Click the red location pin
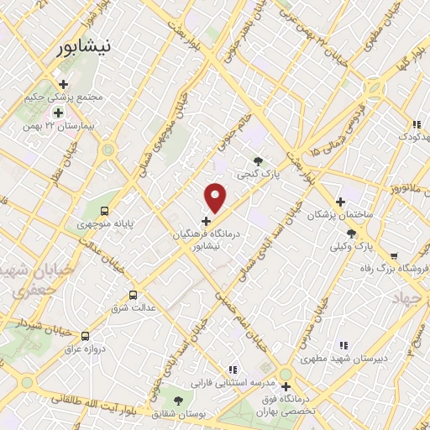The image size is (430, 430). tap(216, 197)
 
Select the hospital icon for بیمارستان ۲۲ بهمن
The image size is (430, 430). tap(58, 113)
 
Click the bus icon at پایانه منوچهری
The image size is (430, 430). tap(105, 211)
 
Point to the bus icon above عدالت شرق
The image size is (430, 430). tap(133, 295)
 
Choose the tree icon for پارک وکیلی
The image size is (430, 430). tap(351, 233)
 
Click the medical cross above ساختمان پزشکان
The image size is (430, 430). tap(340, 202)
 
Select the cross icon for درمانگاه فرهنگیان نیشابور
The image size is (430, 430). tap(207, 221)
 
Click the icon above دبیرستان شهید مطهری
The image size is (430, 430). tap(343, 345)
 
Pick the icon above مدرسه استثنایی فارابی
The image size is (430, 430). tap(233, 369)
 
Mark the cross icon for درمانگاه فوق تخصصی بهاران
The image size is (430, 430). tap(286, 386)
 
